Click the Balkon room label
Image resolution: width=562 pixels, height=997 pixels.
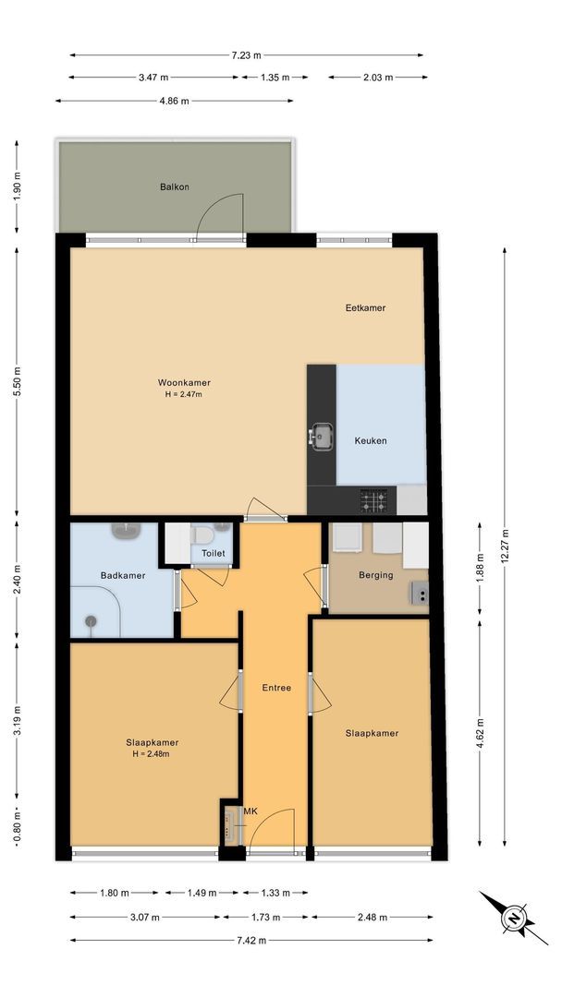[x=175, y=186]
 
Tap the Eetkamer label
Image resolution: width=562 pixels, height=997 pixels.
[x=360, y=307]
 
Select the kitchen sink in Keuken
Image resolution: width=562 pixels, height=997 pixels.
[x=322, y=437]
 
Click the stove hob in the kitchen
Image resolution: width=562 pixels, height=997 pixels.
[x=373, y=501]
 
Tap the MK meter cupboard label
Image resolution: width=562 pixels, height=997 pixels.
[x=250, y=811]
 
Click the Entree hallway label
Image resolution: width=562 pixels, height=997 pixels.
[x=276, y=688]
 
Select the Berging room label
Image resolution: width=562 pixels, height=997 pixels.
[x=376, y=575]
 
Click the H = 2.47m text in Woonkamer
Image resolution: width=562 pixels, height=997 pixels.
[x=184, y=394]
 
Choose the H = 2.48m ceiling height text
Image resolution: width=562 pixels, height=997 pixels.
[x=153, y=753]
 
